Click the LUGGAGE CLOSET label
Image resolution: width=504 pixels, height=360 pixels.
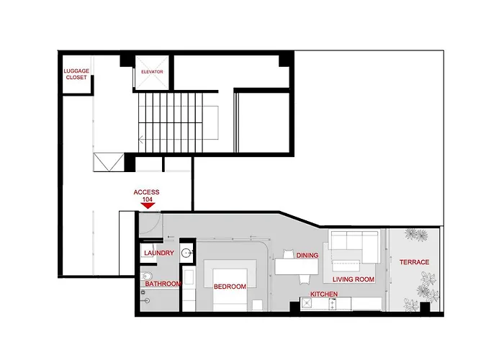click(76, 74)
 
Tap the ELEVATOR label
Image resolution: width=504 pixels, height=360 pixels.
click(152, 72)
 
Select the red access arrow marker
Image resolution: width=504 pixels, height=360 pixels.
click(148, 206)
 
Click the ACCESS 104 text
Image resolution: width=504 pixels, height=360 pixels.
click(147, 195)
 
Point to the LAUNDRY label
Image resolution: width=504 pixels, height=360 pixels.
click(159, 253)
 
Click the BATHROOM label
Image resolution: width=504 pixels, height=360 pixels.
click(163, 284)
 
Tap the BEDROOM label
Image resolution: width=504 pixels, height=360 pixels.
click(230, 287)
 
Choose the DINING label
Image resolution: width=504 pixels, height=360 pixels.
click(307, 255)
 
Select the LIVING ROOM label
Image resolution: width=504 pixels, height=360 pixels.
click(354, 279)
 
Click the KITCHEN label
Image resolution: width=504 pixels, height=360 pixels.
click(324, 294)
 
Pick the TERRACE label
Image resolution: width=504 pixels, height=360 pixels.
click(414, 262)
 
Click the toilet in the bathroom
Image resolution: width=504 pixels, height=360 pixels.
click(146, 276)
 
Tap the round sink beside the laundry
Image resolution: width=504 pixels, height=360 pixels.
click(186, 253)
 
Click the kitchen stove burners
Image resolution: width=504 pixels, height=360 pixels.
click(333, 304)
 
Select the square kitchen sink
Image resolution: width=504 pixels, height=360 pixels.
click(306, 303)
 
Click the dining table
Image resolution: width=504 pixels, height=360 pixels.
click(297, 267)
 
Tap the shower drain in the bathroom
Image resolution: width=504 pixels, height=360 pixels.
click(147, 301)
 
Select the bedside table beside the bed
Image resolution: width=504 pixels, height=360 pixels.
click(257, 305)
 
